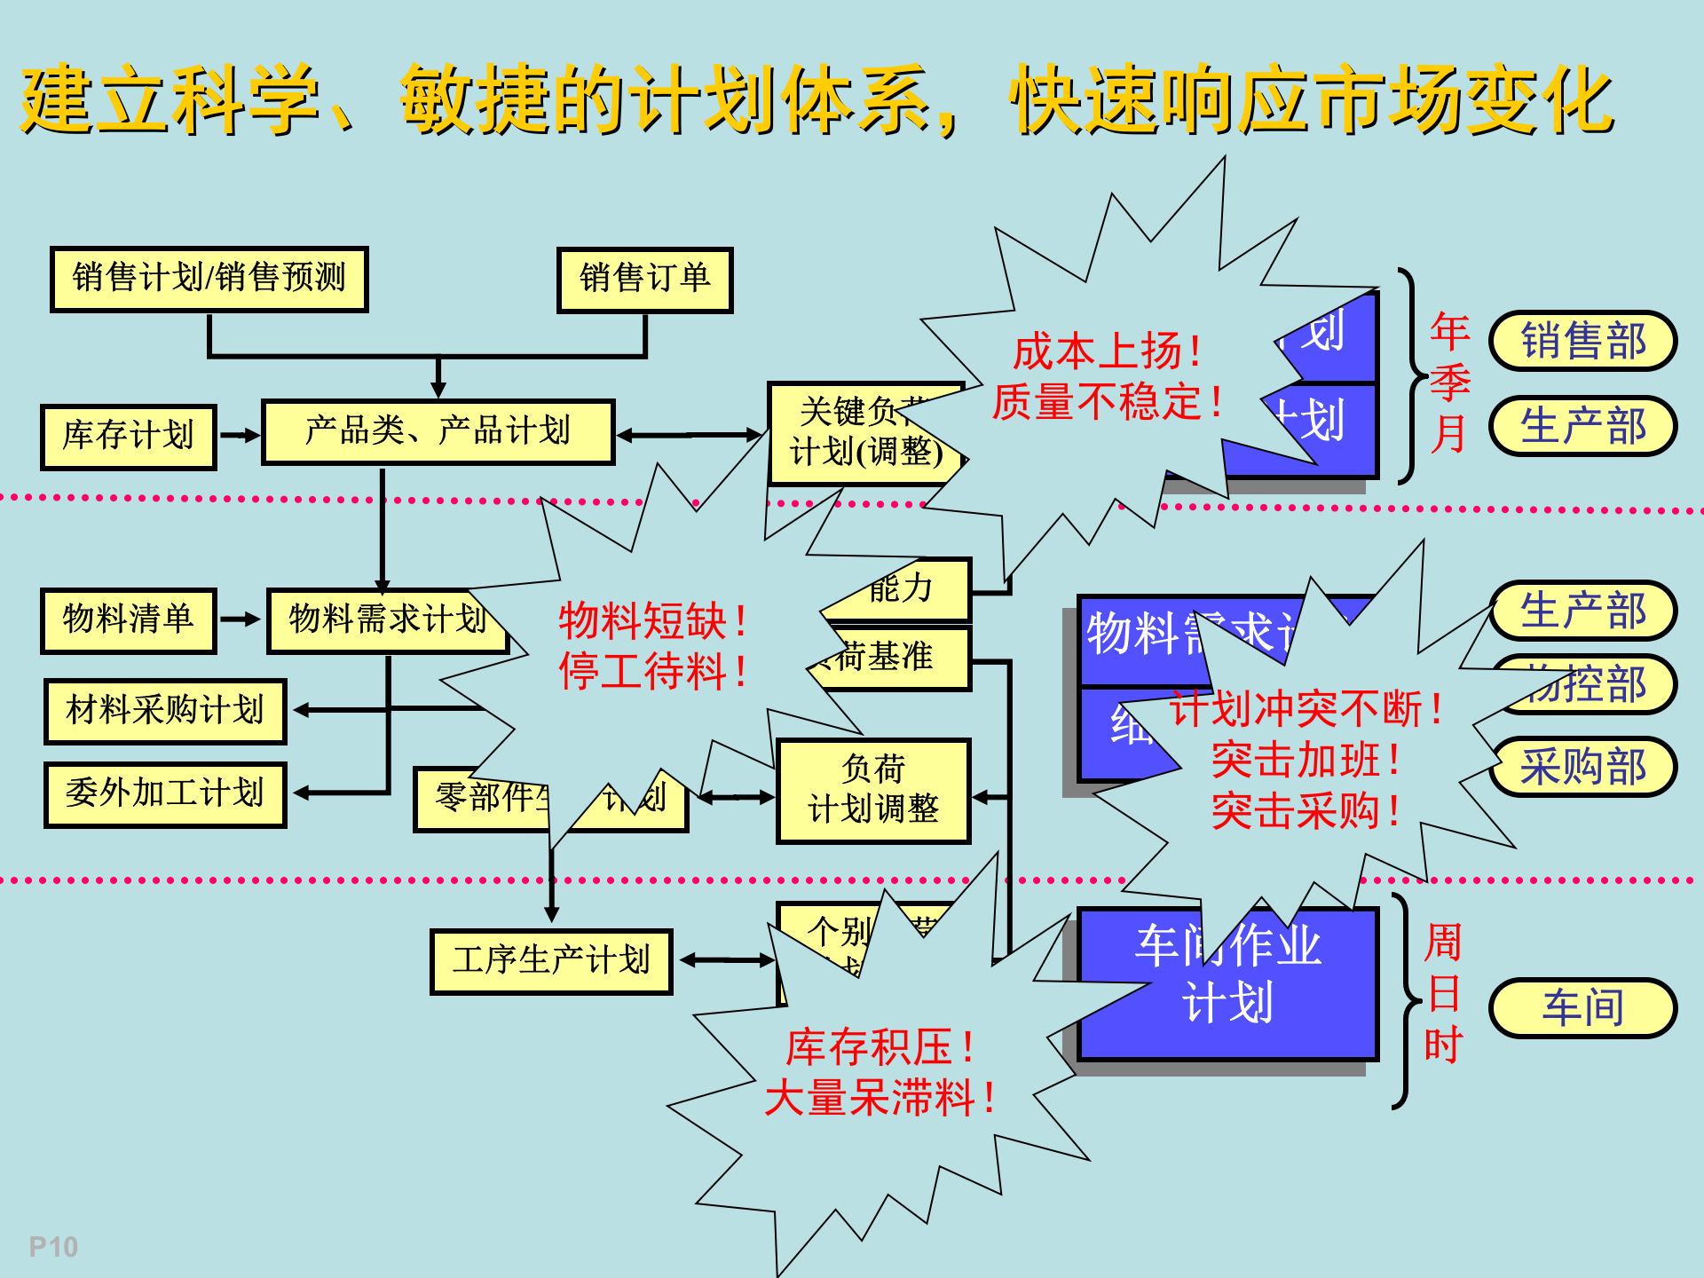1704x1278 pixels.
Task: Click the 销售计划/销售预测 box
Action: (209, 279)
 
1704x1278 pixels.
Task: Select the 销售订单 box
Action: (645, 280)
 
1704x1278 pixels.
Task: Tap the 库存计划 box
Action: (129, 436)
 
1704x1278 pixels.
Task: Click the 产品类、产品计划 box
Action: (438, 431)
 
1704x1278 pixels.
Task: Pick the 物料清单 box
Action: (129, 619)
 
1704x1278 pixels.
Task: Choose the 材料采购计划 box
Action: (165, 711)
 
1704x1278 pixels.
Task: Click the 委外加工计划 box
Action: (165, 793)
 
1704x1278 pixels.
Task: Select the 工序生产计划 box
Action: (551, 961)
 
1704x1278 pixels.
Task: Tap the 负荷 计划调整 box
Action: (873, 790)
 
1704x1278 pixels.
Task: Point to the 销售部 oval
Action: (1583, 341)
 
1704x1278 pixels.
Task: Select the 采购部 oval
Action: (1583, 767)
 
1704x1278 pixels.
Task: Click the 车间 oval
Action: (1583, 1008)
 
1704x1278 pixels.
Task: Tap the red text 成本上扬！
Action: (1108, 351)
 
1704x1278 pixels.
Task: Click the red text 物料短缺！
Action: (653, 620)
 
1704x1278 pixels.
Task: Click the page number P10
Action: (53, 1247)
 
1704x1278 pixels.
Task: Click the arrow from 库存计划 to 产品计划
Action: (240, 436)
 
